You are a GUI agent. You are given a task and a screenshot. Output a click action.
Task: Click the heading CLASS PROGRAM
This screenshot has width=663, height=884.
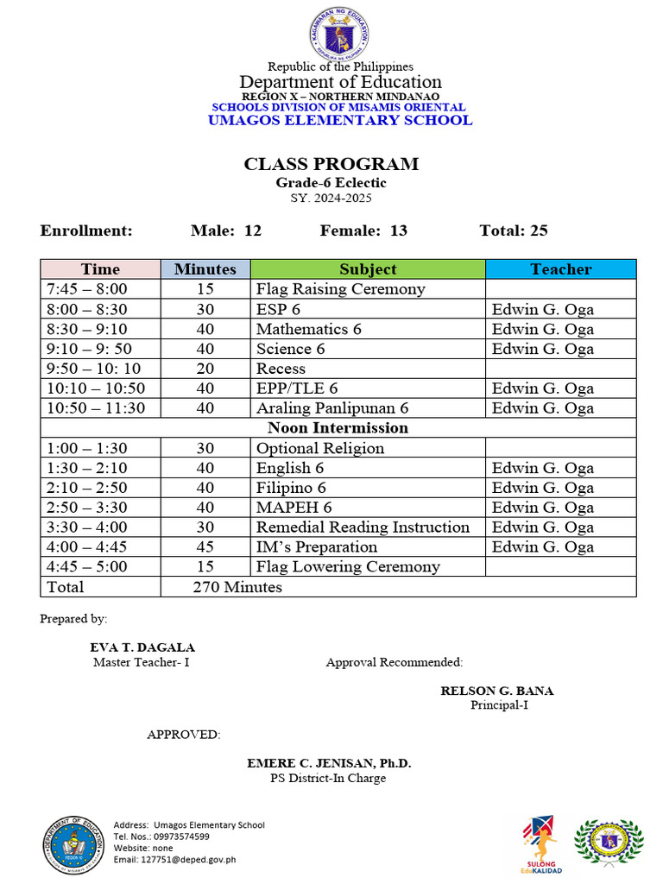[x=331, y=164]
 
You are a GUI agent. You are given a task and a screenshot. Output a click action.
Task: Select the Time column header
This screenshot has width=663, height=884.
[x=100, y=269]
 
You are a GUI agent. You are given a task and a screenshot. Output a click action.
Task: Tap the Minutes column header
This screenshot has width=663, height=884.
[x=205, y=269]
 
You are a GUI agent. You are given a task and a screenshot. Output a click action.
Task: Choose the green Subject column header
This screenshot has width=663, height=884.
[x=368, y=269]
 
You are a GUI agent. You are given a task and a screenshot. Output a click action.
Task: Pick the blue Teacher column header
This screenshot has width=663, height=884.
[x=560, y=269]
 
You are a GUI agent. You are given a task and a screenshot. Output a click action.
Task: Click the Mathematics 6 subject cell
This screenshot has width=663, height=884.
[x=308, y=329]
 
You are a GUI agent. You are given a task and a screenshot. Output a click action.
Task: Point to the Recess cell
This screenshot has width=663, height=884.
[x=281, y=369]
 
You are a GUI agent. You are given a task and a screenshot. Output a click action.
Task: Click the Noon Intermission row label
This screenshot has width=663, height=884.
[x=338, y=428]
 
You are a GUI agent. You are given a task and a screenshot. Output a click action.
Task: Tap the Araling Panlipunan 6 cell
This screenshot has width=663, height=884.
[x=331, y=408]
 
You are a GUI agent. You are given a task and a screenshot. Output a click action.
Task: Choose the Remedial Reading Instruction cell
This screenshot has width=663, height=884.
[x=363, y=527]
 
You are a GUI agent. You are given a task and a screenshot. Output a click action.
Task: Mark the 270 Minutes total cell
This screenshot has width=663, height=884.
[x=237, y=587]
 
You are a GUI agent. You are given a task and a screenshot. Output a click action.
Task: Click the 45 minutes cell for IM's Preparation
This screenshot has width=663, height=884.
[x=205, y=547]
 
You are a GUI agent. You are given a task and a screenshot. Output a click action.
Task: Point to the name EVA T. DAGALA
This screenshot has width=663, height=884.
[x=142, y=647]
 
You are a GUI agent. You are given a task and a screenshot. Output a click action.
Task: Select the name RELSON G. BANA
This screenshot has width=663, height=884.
[x=497, y=691]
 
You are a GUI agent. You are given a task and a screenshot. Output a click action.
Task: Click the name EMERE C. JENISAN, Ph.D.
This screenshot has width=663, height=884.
[x=329, y=764]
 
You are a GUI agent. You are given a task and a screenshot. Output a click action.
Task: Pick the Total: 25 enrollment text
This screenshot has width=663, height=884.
[x=513, y=230]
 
